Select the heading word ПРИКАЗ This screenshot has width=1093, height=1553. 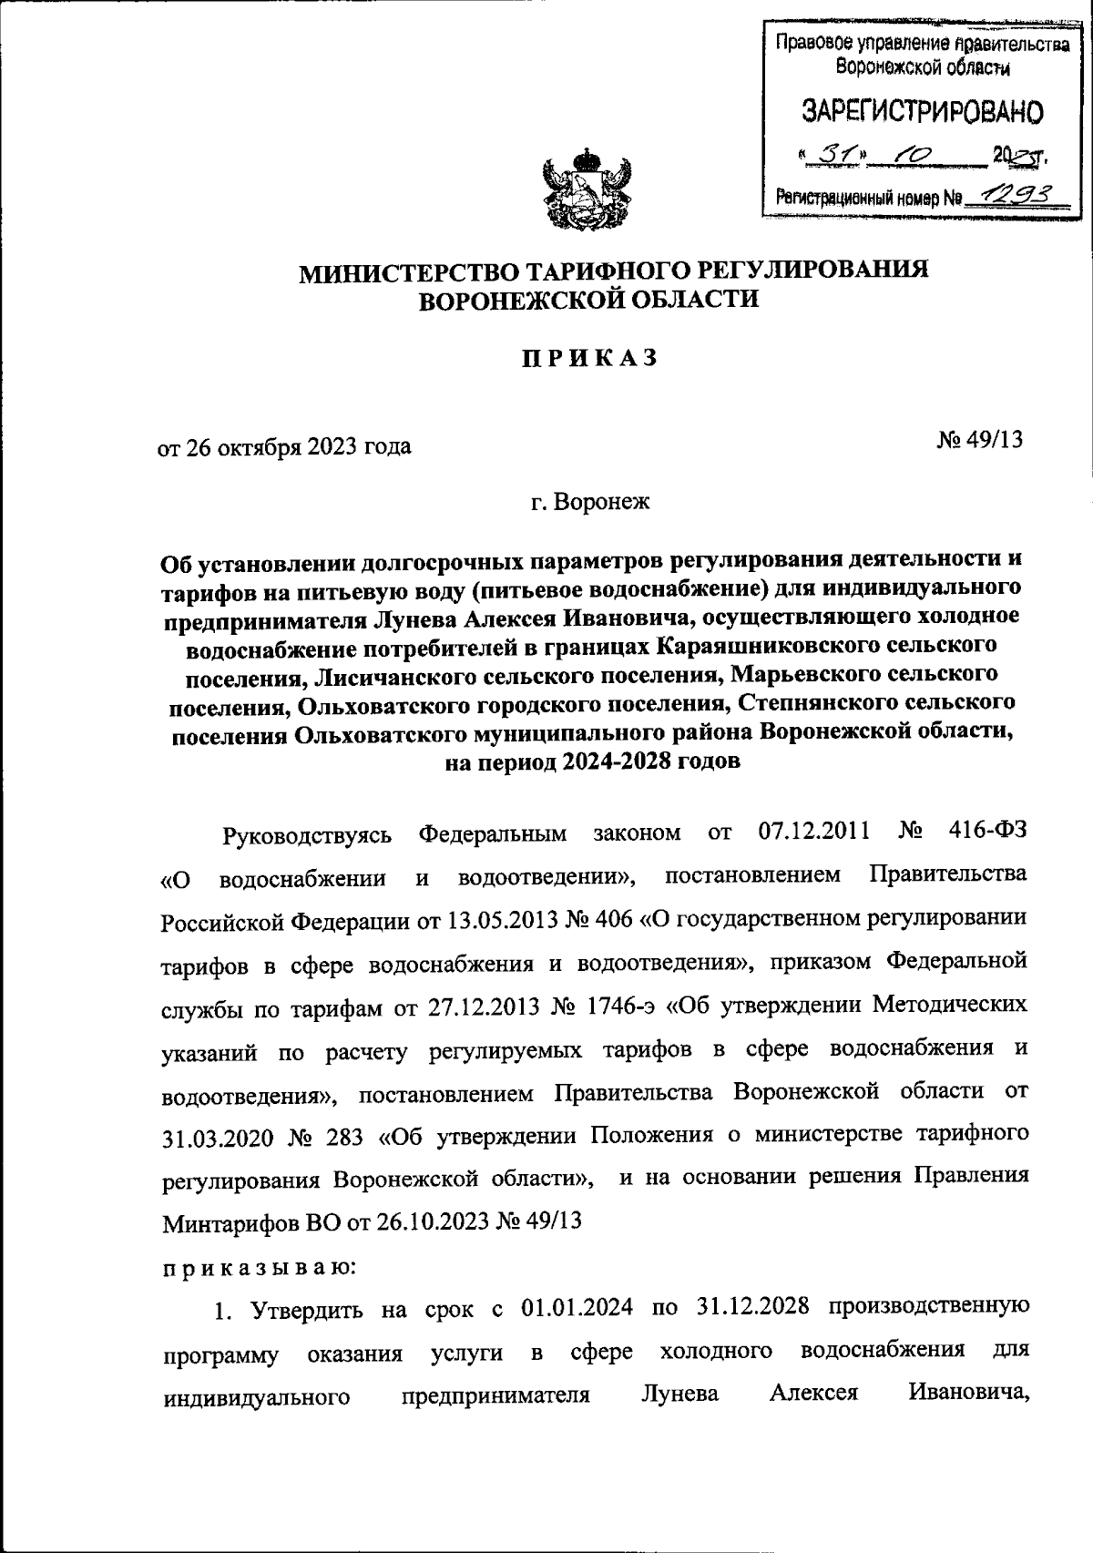(588, 359)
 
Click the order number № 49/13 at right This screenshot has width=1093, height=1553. (979, 440)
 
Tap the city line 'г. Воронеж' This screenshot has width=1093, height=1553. (592, 502)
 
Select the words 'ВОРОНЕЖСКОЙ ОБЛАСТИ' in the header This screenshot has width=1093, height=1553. (587, 300)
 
